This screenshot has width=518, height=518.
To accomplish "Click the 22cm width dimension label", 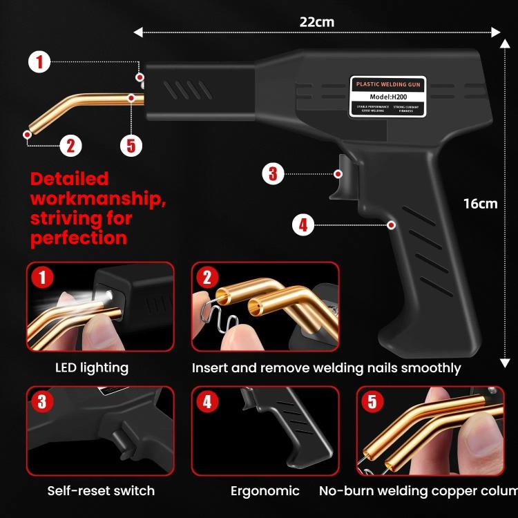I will coord(316,21).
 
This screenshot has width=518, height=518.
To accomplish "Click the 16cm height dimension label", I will coord(480,203).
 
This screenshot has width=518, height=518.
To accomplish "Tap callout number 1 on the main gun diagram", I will coord(39,62).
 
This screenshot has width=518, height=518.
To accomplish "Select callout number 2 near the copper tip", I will coord(70,145).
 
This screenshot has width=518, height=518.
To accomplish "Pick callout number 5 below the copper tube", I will coord(131,145).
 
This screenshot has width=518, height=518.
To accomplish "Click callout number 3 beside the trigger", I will coord(273,173).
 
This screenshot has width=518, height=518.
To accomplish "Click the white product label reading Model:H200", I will coord(387,96).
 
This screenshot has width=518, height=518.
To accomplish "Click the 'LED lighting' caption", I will coord(92,367).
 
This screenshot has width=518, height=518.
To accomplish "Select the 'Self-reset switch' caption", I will coord(101,491).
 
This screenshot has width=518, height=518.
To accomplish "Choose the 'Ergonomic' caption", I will coord(265,491).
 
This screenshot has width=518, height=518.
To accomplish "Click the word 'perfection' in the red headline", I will coord(78,238).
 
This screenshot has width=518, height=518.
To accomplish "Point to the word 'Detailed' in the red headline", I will coord(70,179).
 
